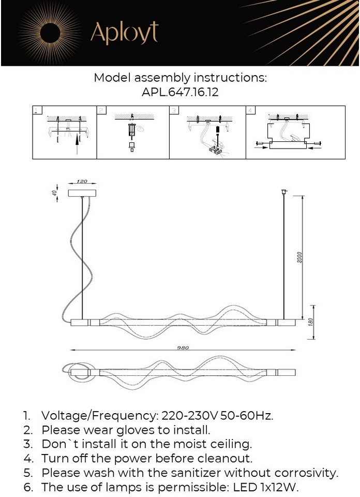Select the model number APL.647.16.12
(x=180, y=92)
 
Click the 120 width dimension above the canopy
(x=82, y=182)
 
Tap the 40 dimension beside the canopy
(x=53, y=192)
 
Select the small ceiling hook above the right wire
(x=283, y=192)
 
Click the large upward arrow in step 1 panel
(x=78, y=143)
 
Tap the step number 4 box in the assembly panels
(x=251, y=111)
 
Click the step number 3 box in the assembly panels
(x=174, y=111)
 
